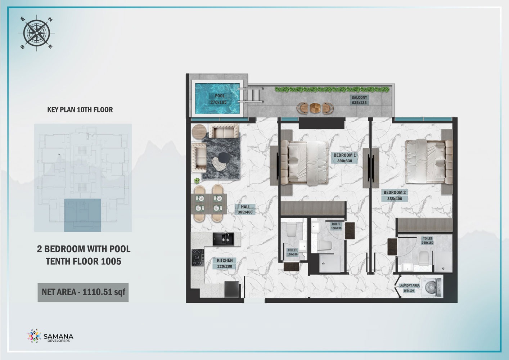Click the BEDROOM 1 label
point(344,158)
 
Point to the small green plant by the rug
point(197,180)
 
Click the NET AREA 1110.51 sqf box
point(83,292)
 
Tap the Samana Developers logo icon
point(34,336)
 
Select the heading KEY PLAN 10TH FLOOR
point(80,110)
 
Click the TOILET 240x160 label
point(427,240)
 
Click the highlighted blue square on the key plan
point(82,215)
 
